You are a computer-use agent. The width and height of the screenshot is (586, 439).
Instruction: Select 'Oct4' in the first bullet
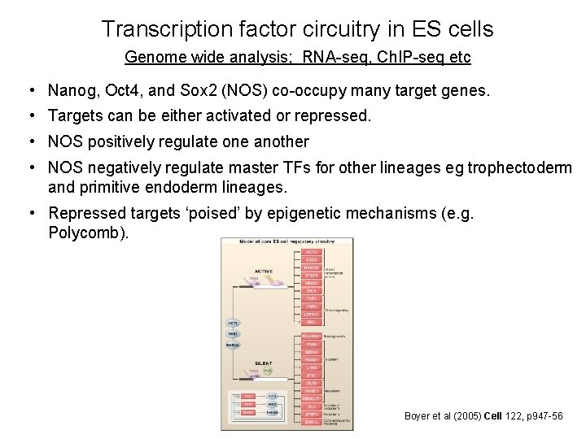pos(119,89)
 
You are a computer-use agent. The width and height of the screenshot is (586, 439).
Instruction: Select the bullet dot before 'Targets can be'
pos(29,115)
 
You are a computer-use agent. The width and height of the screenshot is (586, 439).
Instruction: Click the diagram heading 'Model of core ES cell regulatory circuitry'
pos(280,241)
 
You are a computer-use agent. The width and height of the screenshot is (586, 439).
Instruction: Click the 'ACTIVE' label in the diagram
pos(264,271)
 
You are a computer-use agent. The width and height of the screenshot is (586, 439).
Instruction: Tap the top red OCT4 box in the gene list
pos(311,253)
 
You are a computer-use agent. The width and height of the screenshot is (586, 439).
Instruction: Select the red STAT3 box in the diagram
pos(311,276)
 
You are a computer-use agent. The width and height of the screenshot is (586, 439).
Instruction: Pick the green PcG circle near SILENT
pos(267,371)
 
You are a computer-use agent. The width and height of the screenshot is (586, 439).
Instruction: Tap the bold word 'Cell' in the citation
pos(494,415)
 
